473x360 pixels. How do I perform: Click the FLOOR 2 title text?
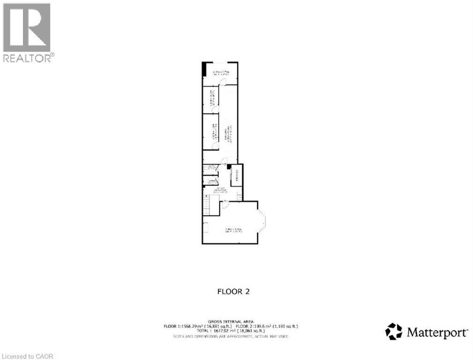(x=233, y=292)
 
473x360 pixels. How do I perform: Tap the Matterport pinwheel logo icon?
(x=393, y=331)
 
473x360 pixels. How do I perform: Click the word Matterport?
(x=436, y=333)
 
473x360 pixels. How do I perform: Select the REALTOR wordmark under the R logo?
(x=28, y=58)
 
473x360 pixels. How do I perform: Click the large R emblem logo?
(x=27, y=27)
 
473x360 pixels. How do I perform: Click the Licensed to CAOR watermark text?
(x=27, y=356)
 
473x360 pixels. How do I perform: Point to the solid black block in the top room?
(x=204, y=69)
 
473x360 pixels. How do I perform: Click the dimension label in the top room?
(x=220, y=73)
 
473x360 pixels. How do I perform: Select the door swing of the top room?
(x=223, y=82)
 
